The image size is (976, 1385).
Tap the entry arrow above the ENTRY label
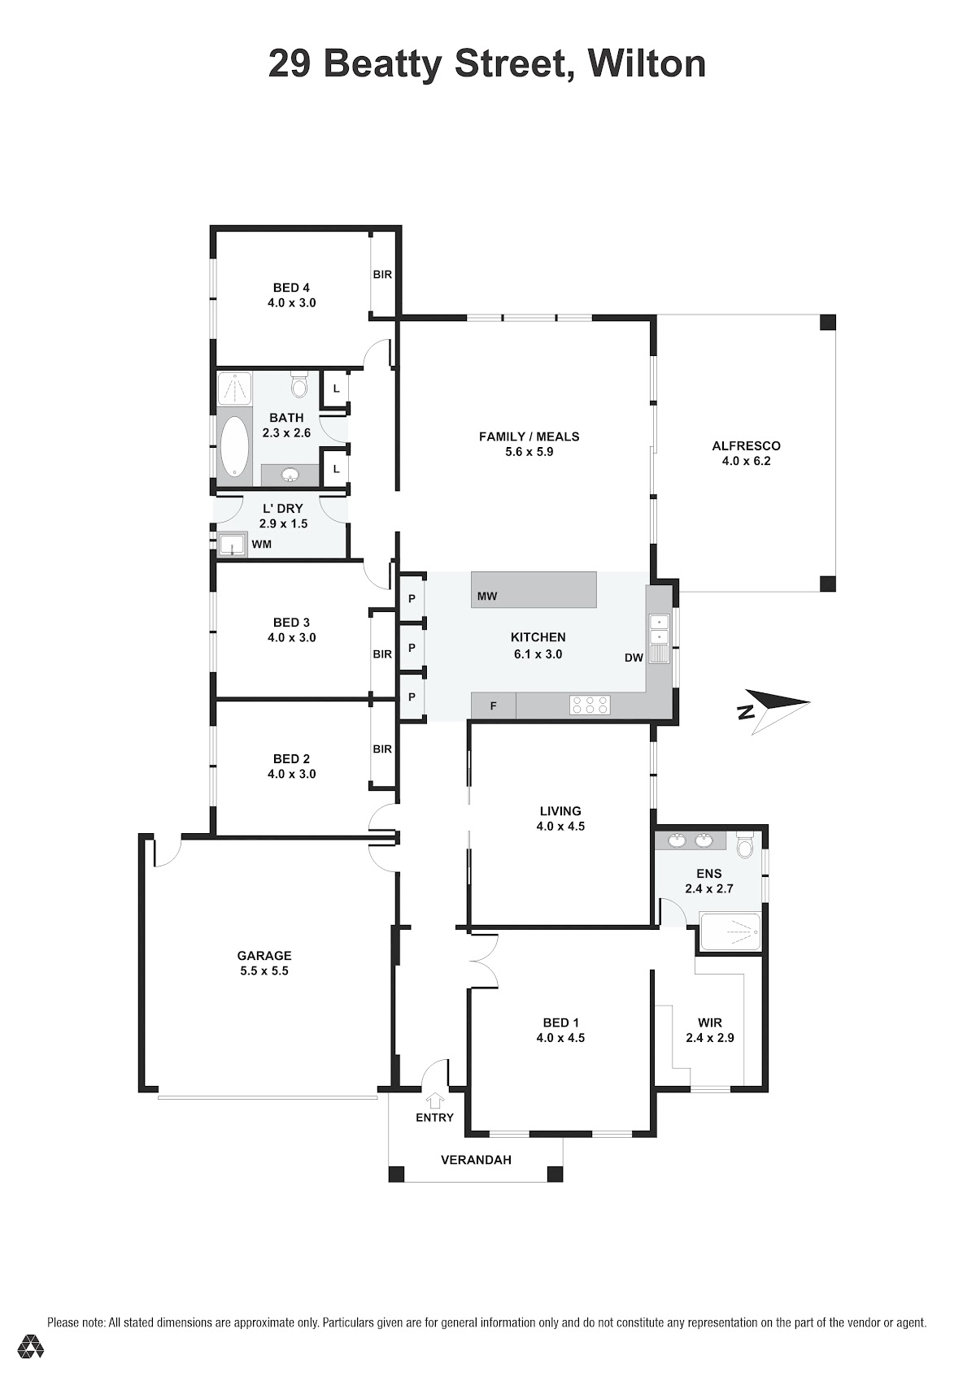coord(436,1100)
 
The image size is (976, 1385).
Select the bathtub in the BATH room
coord(234,445)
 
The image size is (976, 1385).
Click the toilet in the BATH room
coord(299,384)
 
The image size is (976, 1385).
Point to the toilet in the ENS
coord(744,844)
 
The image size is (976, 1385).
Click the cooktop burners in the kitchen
coord(590,705)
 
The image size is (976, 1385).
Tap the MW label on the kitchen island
coord(487,597)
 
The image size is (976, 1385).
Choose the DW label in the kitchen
coord(634,658)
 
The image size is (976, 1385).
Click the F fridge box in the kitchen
coord(493,706)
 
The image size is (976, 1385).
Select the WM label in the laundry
coord(261,544)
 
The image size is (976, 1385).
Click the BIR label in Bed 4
coord(382,275)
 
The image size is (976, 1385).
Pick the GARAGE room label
coord(264,955)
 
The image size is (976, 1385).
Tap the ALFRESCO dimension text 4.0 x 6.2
coord(746,461)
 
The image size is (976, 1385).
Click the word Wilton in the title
coord(647,63)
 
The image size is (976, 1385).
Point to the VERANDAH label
coord(476,1160)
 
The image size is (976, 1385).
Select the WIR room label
coord(710,1022)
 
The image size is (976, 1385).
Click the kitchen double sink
coord(659,638)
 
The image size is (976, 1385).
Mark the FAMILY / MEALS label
coord(529,436)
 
